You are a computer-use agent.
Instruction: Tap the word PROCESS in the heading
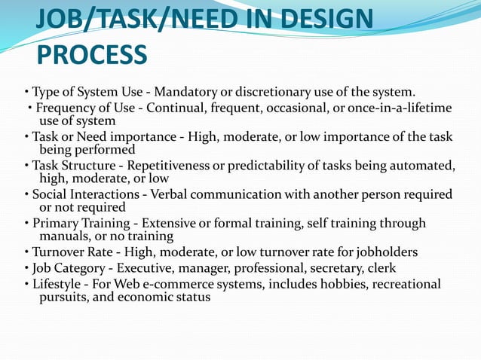click(91, 54)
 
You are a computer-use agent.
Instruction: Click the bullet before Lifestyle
click(26, 284)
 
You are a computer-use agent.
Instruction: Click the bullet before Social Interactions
click(26, 194)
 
